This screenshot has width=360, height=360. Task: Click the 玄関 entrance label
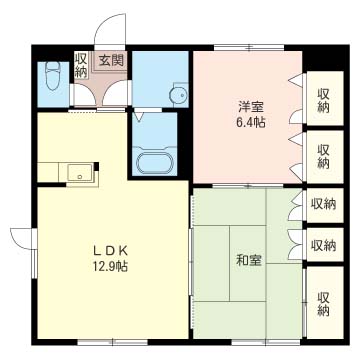point(111,61)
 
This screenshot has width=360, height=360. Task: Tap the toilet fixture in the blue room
point(52,76)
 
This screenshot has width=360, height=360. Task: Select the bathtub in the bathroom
point(155,163)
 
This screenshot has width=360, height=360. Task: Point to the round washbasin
point(178,95)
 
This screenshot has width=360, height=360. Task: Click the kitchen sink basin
point(80,173)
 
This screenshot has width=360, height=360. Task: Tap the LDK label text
point(110,250)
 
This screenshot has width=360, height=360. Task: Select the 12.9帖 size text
point(110,266)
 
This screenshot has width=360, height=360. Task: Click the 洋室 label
point(251,107)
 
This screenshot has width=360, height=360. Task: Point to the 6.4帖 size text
point(251,123)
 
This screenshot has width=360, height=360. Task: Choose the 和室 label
point(249,260)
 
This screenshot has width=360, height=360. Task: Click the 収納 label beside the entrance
point(80,64)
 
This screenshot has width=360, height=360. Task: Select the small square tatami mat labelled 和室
point(247,263)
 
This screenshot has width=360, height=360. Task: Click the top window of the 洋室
point(249,47)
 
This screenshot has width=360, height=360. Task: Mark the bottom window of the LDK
point(113,342)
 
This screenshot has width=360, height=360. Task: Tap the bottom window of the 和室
point(266,342)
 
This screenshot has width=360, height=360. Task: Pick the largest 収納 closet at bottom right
point(325,303)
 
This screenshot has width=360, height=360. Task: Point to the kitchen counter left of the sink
point(48,172)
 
